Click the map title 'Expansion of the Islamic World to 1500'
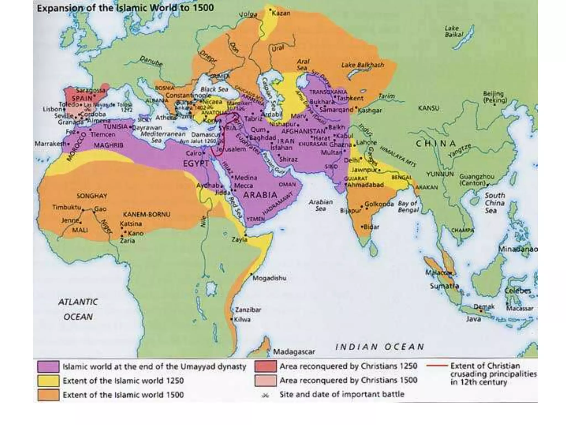click(125, 8)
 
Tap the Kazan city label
click(281, 13)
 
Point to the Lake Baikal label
click(453, 31)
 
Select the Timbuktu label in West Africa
click(67, 207)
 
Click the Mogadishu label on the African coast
click(269, 278)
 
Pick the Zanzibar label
click(248, 310)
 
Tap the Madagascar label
click(294, 352)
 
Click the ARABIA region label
click(260, 195)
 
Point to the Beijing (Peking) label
click(495, 97)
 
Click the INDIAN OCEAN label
click(379, 347)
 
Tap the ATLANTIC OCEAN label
click(78, 309)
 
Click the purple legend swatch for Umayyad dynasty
click(48, 367)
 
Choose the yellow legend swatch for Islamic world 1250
click(48, 381)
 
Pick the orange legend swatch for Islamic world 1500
click(48, 395)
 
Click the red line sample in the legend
click(437, 366)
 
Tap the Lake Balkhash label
click(363, 65)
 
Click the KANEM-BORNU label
click(146, 214)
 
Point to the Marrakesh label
click(50, 144)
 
